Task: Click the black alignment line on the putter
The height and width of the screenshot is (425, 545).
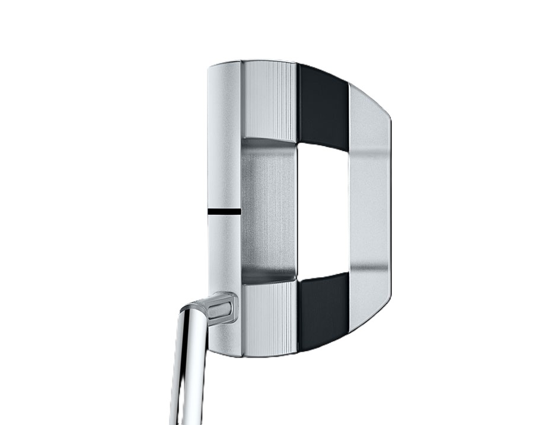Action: [224, 211]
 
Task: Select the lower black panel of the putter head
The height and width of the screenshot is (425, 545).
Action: [323, 311]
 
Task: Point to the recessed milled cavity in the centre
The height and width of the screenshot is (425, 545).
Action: [268, 210]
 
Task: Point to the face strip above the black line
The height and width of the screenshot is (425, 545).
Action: [224, 148]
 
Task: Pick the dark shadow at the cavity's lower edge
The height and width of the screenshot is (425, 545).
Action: [268, 277]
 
